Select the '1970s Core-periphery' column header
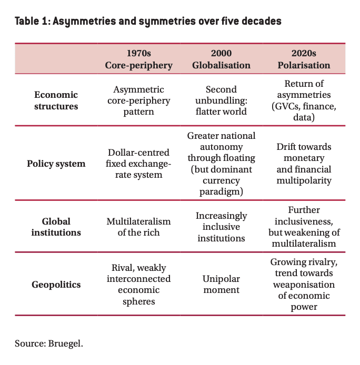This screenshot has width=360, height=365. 138,59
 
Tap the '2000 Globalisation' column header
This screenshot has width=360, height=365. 221,59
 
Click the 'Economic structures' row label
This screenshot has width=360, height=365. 56,100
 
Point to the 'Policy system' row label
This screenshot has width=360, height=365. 56,163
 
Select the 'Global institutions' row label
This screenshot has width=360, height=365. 56,226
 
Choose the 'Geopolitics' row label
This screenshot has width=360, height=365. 56,285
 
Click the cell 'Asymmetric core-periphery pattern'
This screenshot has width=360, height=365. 138,100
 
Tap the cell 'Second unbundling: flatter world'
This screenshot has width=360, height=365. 221,100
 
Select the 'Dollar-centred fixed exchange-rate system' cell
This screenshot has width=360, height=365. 138,163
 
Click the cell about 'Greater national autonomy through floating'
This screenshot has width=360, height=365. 221,163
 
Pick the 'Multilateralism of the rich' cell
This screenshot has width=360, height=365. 138,226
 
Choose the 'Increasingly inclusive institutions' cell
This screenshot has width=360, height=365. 221,227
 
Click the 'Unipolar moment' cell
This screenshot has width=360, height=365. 221,285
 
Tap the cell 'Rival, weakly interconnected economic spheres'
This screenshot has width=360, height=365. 138,285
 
